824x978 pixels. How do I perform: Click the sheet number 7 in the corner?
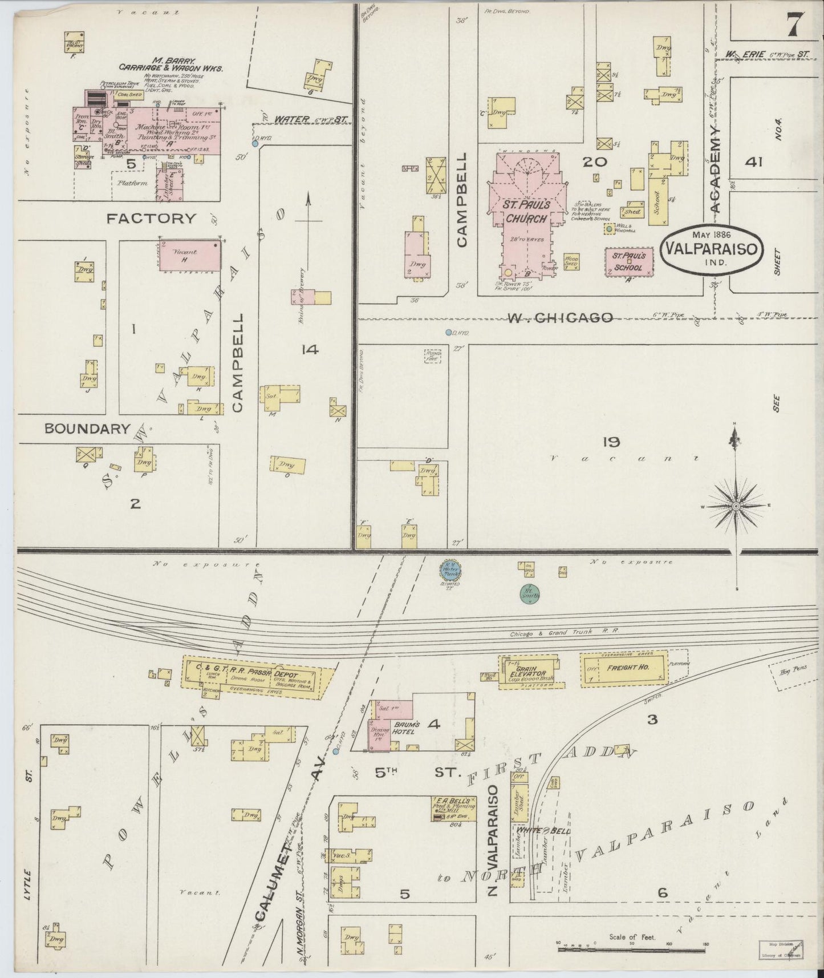click(x=797, y=26)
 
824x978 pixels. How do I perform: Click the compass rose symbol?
click(x=736, y=506)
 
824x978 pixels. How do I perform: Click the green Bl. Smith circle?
click(x=530, y=594)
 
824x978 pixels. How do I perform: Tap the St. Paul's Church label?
click(x=525, y=211)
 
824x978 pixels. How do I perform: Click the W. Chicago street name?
click(x=560, y=317)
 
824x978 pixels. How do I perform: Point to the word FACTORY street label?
click(x=151, y=218)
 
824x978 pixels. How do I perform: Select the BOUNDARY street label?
click(x=88, y=429)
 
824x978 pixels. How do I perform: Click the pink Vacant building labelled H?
click(x=188, y=255)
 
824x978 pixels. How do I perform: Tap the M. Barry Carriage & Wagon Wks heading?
click(x=171, y=64)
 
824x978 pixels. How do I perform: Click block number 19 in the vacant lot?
click(x=610, y=441)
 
